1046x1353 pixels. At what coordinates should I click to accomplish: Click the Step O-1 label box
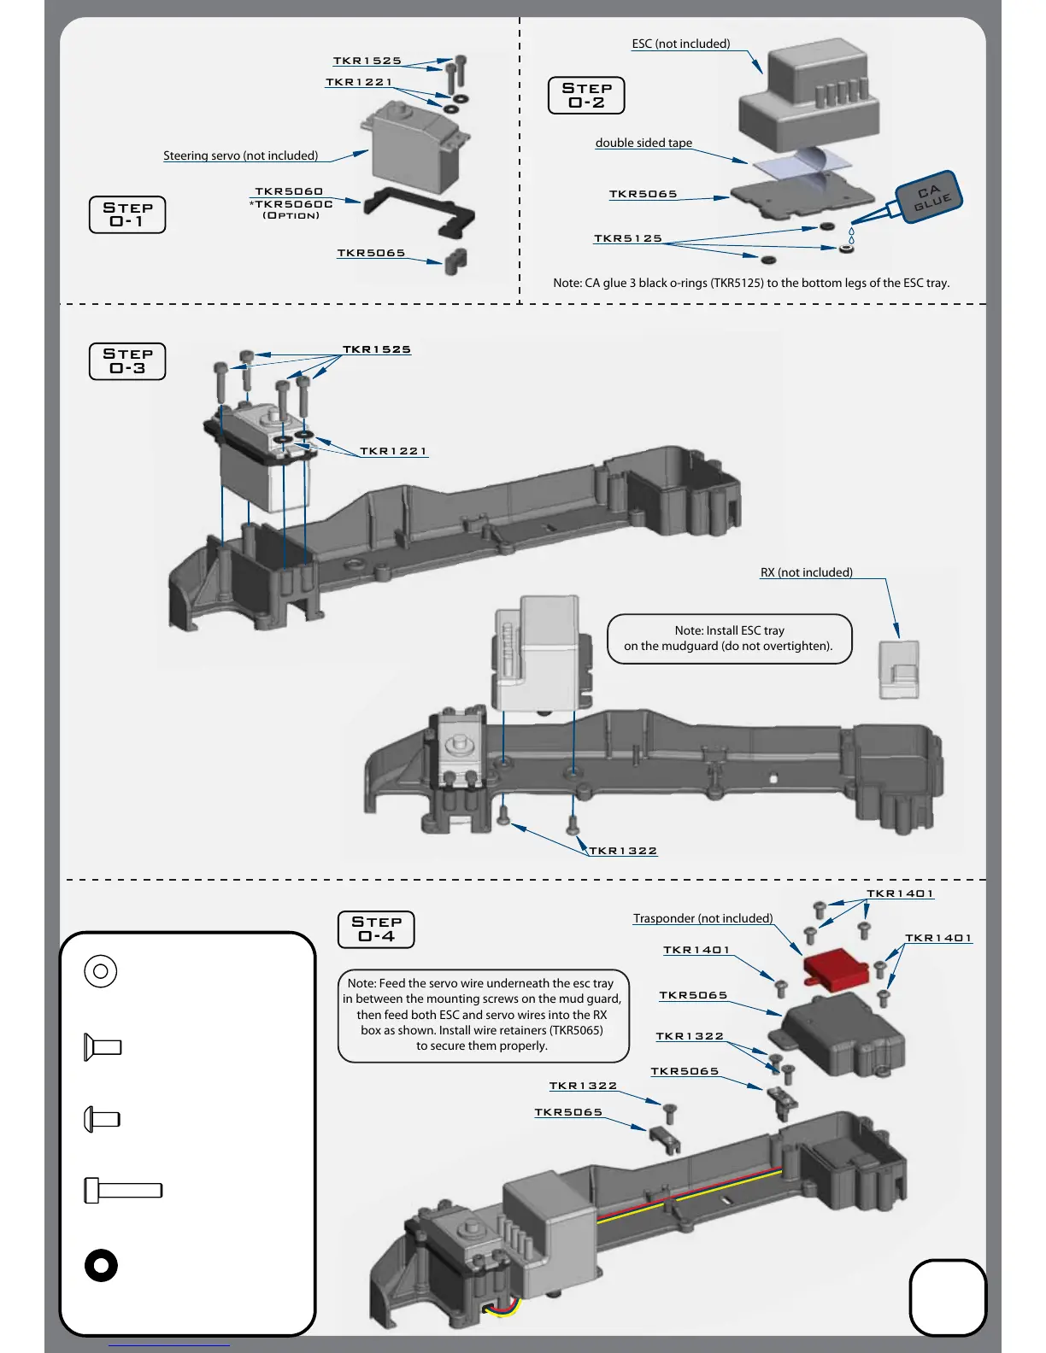point(127,214)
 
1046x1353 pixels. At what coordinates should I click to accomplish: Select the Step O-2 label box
point(586,95)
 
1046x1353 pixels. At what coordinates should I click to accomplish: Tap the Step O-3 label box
point(127,360)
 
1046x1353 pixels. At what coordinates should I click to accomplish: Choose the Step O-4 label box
point(376,929)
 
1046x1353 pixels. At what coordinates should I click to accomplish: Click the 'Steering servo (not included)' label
point(240,155)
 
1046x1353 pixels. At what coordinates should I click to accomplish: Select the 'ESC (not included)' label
point(680,44)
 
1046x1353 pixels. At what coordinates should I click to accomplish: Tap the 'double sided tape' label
point(643,143)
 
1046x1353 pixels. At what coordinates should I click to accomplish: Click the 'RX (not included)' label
point(806,572)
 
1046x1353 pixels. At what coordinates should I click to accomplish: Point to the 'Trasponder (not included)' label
point(702,918)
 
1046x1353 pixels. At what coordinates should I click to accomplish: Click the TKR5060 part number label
point(289,191)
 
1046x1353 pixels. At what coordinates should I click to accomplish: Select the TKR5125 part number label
point(628,238)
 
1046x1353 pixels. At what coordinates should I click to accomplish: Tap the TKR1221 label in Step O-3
point(393,451)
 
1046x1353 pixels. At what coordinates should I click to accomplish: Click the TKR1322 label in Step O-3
point(623,851)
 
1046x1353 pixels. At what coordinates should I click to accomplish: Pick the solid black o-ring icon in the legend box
point(101,1265)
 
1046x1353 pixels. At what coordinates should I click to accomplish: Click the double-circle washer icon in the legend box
point(101,971)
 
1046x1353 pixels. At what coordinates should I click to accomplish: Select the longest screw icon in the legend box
point(123,1190)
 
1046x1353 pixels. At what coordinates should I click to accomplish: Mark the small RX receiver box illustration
point(899,670)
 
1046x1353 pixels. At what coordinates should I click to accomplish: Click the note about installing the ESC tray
point(729,638)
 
